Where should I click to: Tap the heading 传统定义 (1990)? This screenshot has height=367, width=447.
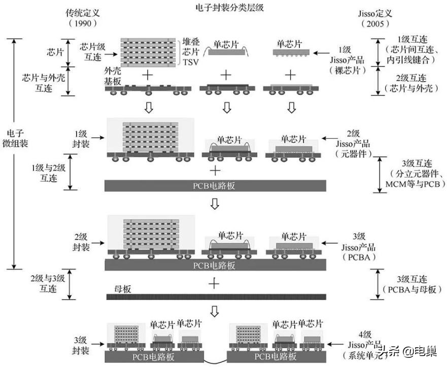(82, 17)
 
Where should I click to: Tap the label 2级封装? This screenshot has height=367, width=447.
(82, 242)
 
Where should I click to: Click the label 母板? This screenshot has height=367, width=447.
(122, 288)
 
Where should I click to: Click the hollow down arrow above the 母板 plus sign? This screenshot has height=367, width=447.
(215, 204)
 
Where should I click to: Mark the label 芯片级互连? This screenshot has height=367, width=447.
(91, 50)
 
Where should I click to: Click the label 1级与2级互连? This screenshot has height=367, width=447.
(45, 173)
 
